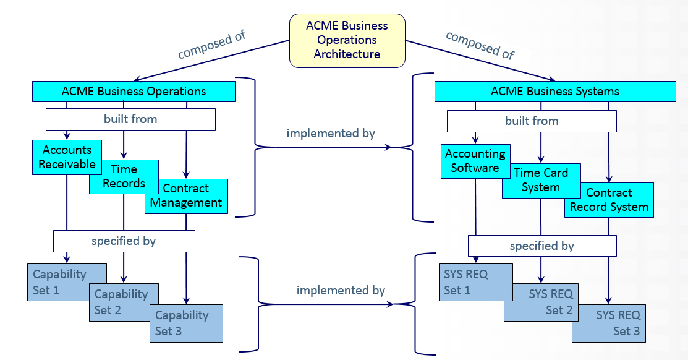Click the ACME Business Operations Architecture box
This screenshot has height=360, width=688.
[347, 40]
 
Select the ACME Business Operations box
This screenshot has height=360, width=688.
[134, 92]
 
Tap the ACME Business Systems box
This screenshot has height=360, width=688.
[554, 92]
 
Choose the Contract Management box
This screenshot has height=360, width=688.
[186, 196]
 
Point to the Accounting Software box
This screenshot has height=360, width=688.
[475, 161]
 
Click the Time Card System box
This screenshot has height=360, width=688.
[541, 181]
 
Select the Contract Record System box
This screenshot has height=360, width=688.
[609, 200]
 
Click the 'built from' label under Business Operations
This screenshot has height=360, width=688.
[130, 119]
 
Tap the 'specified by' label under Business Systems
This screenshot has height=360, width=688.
[541, 246]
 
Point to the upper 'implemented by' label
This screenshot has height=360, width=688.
[331, 133]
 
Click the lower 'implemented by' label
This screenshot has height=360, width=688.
[341, 290]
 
